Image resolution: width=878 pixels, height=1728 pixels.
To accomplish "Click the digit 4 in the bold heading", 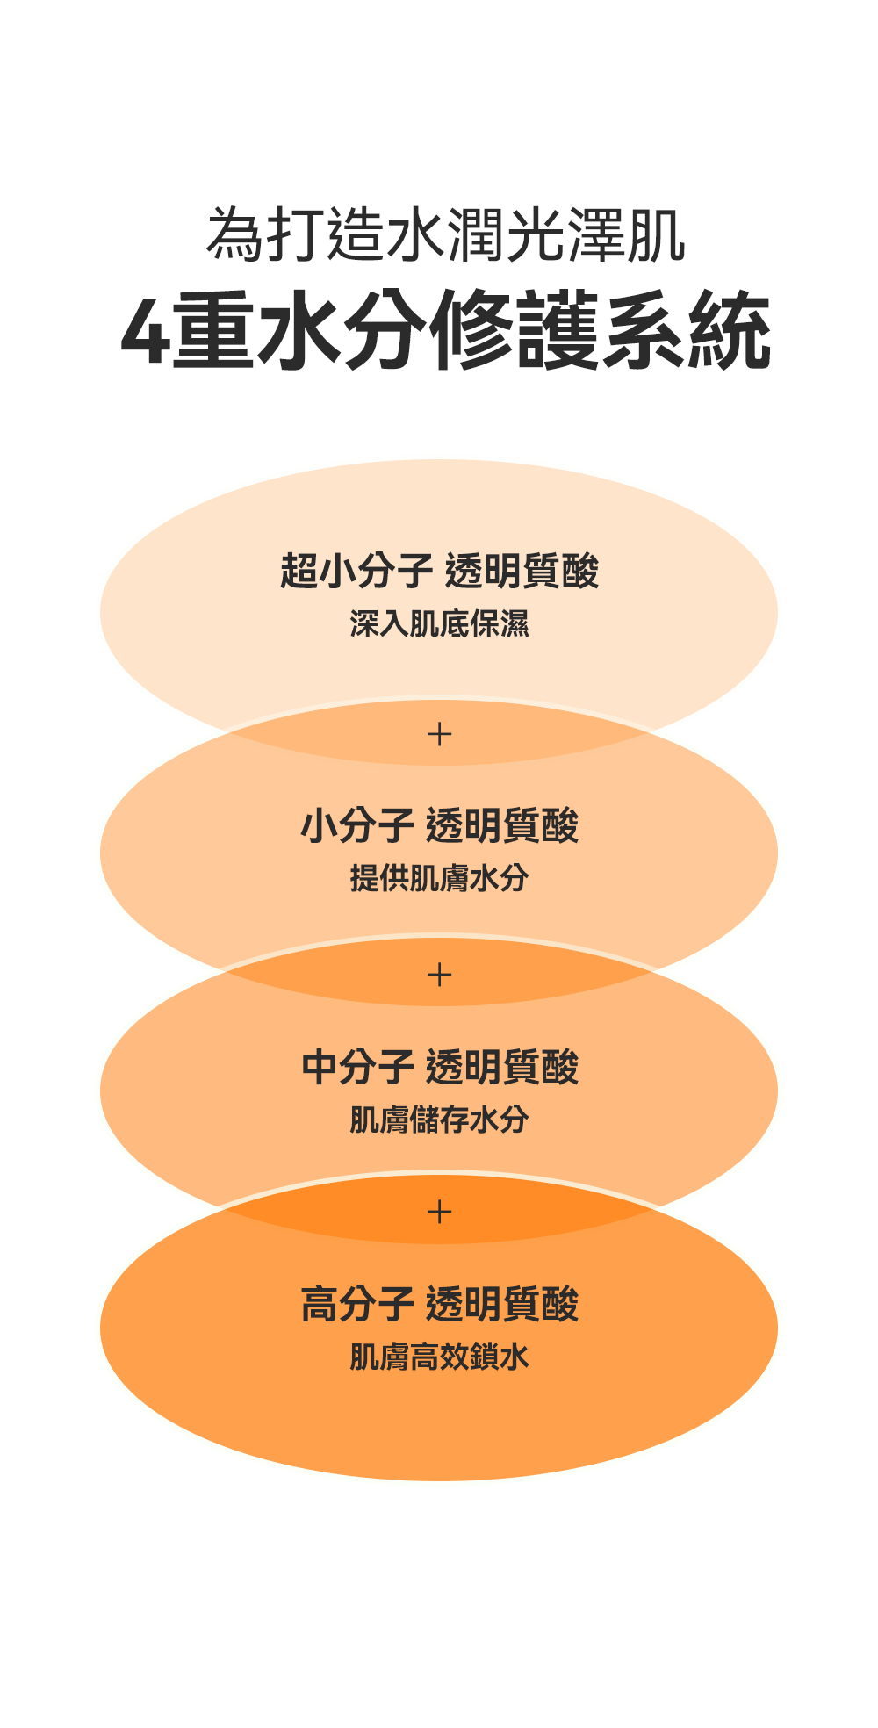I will (x=145, y=333).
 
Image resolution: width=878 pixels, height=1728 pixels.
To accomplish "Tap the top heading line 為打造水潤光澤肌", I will (x=446, y=234).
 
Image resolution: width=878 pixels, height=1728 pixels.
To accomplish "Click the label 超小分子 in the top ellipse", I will (x=356, y=571).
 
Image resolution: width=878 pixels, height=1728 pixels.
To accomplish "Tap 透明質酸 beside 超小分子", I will (x=522, y=571).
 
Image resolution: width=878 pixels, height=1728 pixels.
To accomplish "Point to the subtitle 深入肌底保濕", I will (x=439, y=623).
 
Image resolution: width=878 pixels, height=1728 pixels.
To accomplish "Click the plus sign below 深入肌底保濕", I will (x=439, y=733).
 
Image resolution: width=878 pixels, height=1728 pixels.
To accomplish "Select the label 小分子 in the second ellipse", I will (x=356, y=825).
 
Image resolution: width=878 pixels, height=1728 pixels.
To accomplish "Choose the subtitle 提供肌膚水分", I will (x=439, y=877).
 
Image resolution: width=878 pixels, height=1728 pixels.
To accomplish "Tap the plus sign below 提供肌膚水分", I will (x=439, y=974).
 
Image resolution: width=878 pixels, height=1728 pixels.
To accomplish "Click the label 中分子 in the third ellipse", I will (x=356, y=1067).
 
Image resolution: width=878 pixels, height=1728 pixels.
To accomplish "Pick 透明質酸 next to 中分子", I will (x=502, y=1067).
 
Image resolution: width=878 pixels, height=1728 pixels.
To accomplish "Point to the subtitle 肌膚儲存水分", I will (x=439, y=1119).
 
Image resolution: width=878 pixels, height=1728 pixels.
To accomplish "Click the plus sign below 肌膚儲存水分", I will (x=439, y=1212).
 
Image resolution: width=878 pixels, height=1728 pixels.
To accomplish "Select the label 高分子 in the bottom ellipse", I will (x=356, y=1304).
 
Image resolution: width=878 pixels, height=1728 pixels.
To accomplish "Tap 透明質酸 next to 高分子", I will (x=502, y=1304).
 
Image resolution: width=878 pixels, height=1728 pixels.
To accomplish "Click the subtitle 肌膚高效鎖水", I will (x=439, y=1357).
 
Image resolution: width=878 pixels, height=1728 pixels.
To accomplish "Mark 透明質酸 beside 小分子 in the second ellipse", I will (x=502, y=825).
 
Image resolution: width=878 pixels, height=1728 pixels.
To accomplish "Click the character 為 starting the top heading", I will (x=234, y=234).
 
